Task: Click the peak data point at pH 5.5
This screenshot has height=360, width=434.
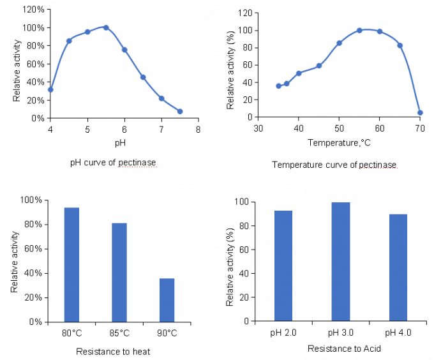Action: [106, 27]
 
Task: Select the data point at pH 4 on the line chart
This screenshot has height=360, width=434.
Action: [50, 89]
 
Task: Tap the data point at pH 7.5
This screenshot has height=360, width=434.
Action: [180, 111]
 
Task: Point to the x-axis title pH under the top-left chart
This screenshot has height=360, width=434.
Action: [120, 143]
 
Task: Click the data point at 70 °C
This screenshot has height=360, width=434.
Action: [420, 112]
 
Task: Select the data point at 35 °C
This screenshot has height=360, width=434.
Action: [278, 86]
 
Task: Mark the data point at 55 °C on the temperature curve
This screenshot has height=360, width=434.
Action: [359, 30]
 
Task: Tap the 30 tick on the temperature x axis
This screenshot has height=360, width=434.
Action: [258, 128]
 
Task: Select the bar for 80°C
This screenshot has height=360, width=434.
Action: [71, 265]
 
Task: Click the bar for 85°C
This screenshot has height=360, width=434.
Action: [119, 273]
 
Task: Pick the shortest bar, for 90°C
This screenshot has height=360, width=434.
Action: [167, 300]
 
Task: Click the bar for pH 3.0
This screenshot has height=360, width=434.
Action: [341, 262]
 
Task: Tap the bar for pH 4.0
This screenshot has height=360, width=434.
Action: [398, 267]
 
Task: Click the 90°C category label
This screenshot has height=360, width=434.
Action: [167, 333]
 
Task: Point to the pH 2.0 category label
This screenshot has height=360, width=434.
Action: [283, 333]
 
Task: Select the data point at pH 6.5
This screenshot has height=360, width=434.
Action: [143, 77]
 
